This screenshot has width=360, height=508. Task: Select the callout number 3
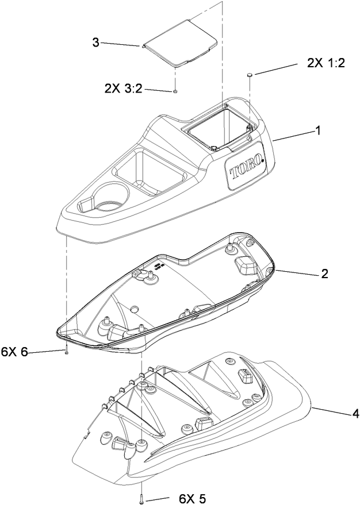pyautogui.click(x=96, y=42)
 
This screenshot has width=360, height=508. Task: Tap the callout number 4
pyautogui.click(x=340, y=413)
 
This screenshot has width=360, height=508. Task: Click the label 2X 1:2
pyautogui.click(x=326, y=64)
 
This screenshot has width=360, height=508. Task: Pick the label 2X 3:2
pyautogui.click(x=124, y=88)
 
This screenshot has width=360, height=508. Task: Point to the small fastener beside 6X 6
pyautogui.click(x=67, y=352)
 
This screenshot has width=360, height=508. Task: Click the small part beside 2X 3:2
pyautogui.click(x=175, y=91)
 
